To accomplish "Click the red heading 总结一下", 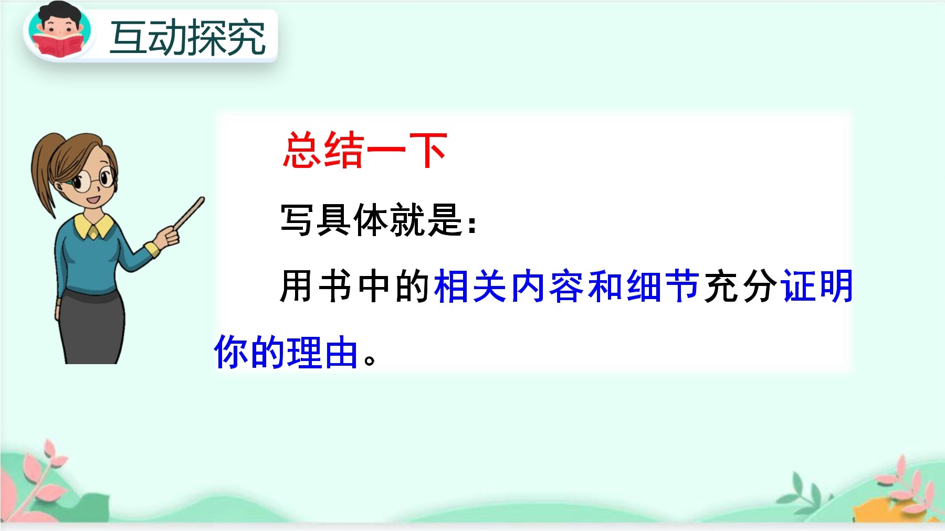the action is pos(365,151).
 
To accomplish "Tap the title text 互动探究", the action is pos(188,38).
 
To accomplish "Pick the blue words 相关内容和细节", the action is pos(566,286).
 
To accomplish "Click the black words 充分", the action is pos(740,286).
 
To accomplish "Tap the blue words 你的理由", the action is pos(287,352).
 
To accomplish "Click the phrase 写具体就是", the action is pos(372,220).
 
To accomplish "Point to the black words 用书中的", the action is pos(355,286).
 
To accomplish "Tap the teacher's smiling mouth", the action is pos(93,200).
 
